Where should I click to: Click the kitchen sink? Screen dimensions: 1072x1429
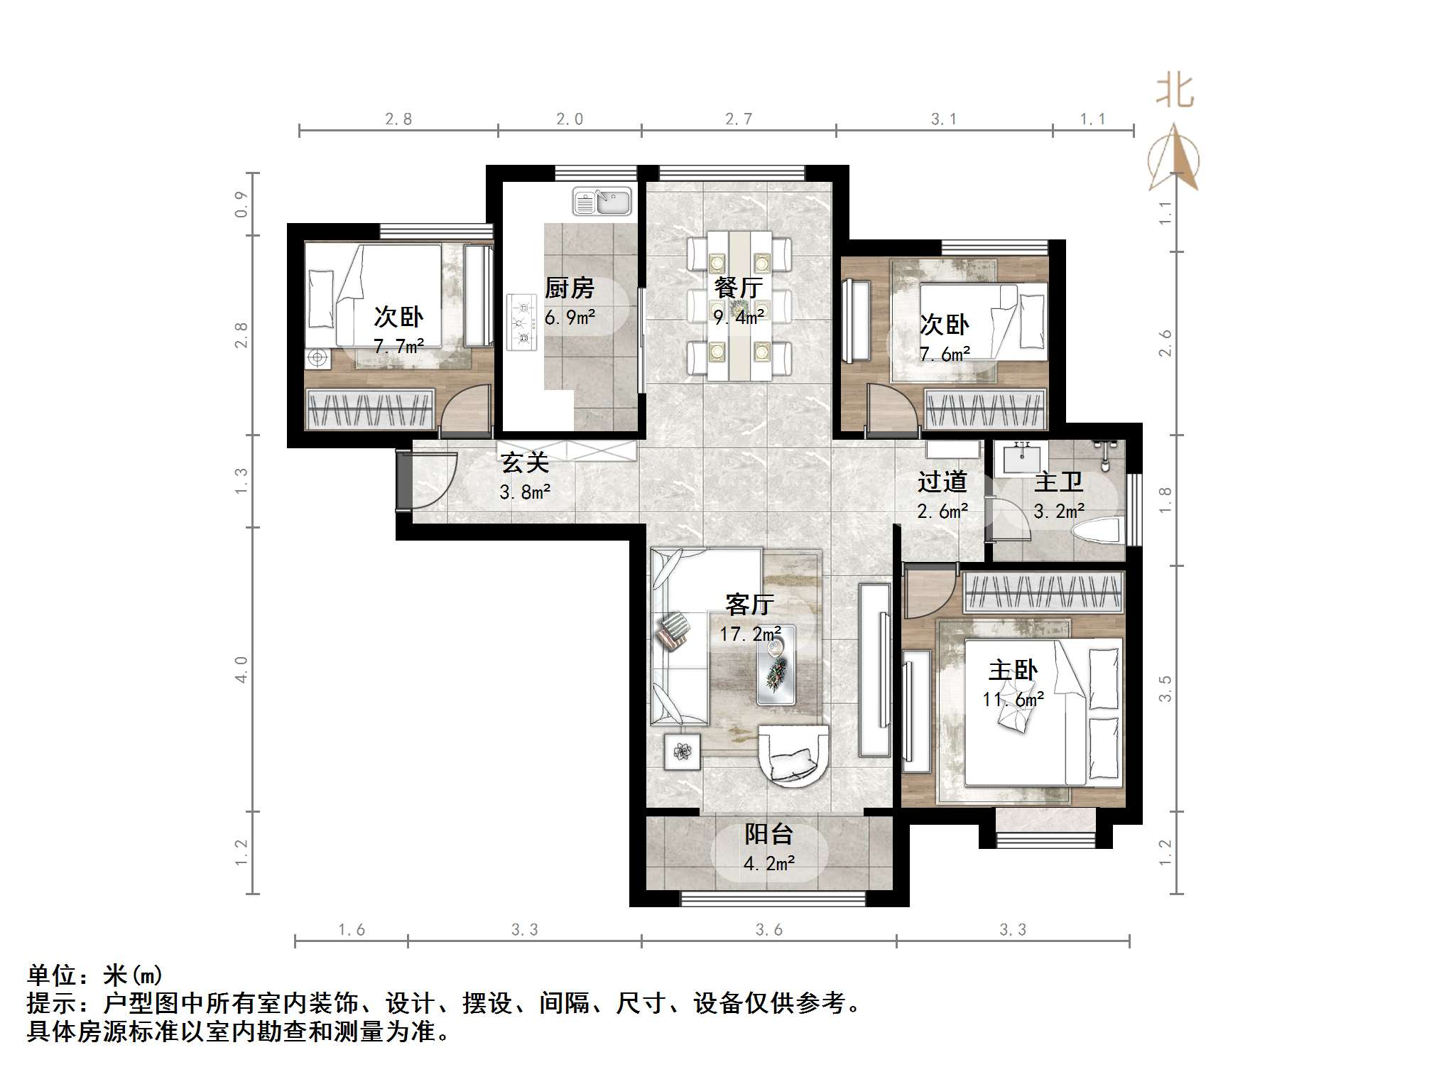click(x=602, y=201)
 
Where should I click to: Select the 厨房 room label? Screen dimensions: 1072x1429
click(x=569, y=288)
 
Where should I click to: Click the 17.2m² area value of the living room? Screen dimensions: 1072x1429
click(x=751, y=633)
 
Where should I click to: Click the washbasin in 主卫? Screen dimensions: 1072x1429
click(x=1021, y=458)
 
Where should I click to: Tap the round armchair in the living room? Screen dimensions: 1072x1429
click(x=793, y=757)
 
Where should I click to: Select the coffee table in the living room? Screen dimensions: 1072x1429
click(x=776, y=665)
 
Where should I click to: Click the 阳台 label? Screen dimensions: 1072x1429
click(x=768, y=834)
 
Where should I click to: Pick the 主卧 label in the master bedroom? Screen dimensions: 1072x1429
click(x=1014, y=670)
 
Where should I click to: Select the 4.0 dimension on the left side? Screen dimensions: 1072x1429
click(x=241, y=669)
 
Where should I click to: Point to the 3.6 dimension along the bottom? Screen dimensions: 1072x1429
click(x=768, y=929)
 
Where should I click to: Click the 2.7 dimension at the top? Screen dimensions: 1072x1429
click(x=739, y=119)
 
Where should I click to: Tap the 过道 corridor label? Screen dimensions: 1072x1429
click(x=942, y=482)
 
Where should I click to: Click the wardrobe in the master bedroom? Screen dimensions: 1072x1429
click(x=1043, y=592)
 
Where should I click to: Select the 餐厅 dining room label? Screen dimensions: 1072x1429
click(x=739, y=288)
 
